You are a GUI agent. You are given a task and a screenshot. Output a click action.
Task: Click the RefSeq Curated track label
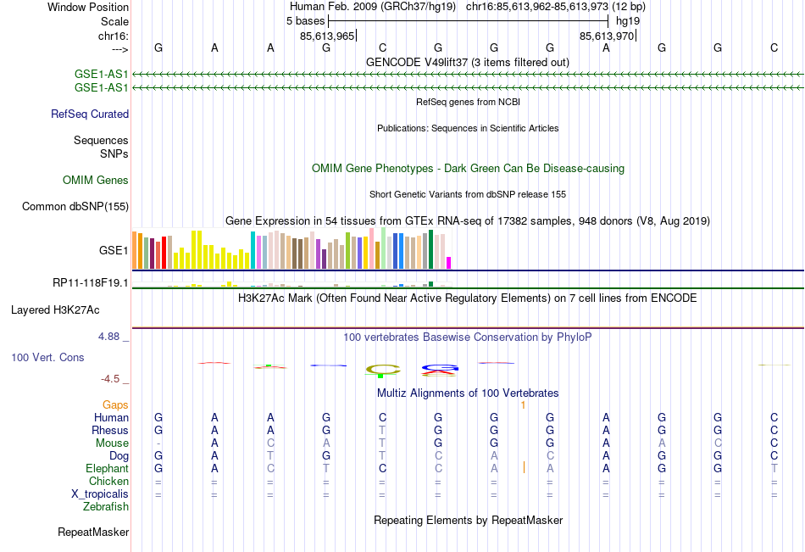pyautogui.click(x=90, y=114)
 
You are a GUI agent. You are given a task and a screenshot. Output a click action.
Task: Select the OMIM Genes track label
pyautogui.click(x=96, y=180)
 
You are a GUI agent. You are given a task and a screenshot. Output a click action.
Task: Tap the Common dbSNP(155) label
pyautogui.click(x=75, y=206)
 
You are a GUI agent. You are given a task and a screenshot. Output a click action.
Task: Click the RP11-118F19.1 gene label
pyautogui.click(x=91, y=282)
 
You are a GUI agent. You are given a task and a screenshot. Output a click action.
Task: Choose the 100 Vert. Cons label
pyautogui.click(x=47, y=358)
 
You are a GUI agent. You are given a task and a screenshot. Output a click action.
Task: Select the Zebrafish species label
pyautogui.click(x=106, y=507)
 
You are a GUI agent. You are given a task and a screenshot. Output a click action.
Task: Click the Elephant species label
pyautogui.click(x=107, y=468)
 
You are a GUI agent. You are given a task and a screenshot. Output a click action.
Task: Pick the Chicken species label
pyautogui.click(x=108, y=481)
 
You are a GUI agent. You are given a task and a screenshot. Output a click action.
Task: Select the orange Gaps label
pyautogui.click(x=116, y=405)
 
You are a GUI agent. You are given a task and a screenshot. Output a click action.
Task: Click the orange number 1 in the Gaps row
pyautogui.click(x=524, y=405)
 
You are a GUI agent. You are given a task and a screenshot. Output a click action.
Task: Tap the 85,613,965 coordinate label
pyautogui.click(x=327, y=36)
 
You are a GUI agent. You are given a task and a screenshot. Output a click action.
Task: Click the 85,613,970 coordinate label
pyautogui.click(x=607, y=36)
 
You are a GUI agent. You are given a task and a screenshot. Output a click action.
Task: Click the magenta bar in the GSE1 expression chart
pyautogui.click(x=449, y=263)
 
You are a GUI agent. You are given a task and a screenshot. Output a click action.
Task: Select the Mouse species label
pyautogui.click(x=113, y=443)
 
